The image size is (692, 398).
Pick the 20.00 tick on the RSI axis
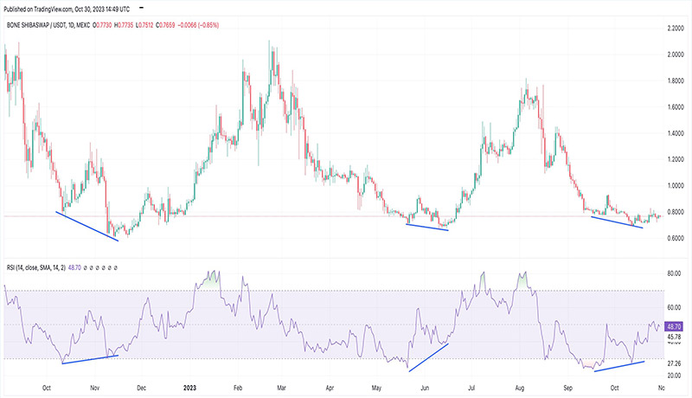click(676, 376)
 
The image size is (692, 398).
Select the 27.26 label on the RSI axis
click(676, 363)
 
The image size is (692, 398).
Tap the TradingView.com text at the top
click(70, 8)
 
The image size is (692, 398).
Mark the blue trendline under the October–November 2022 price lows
click(87, 226)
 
